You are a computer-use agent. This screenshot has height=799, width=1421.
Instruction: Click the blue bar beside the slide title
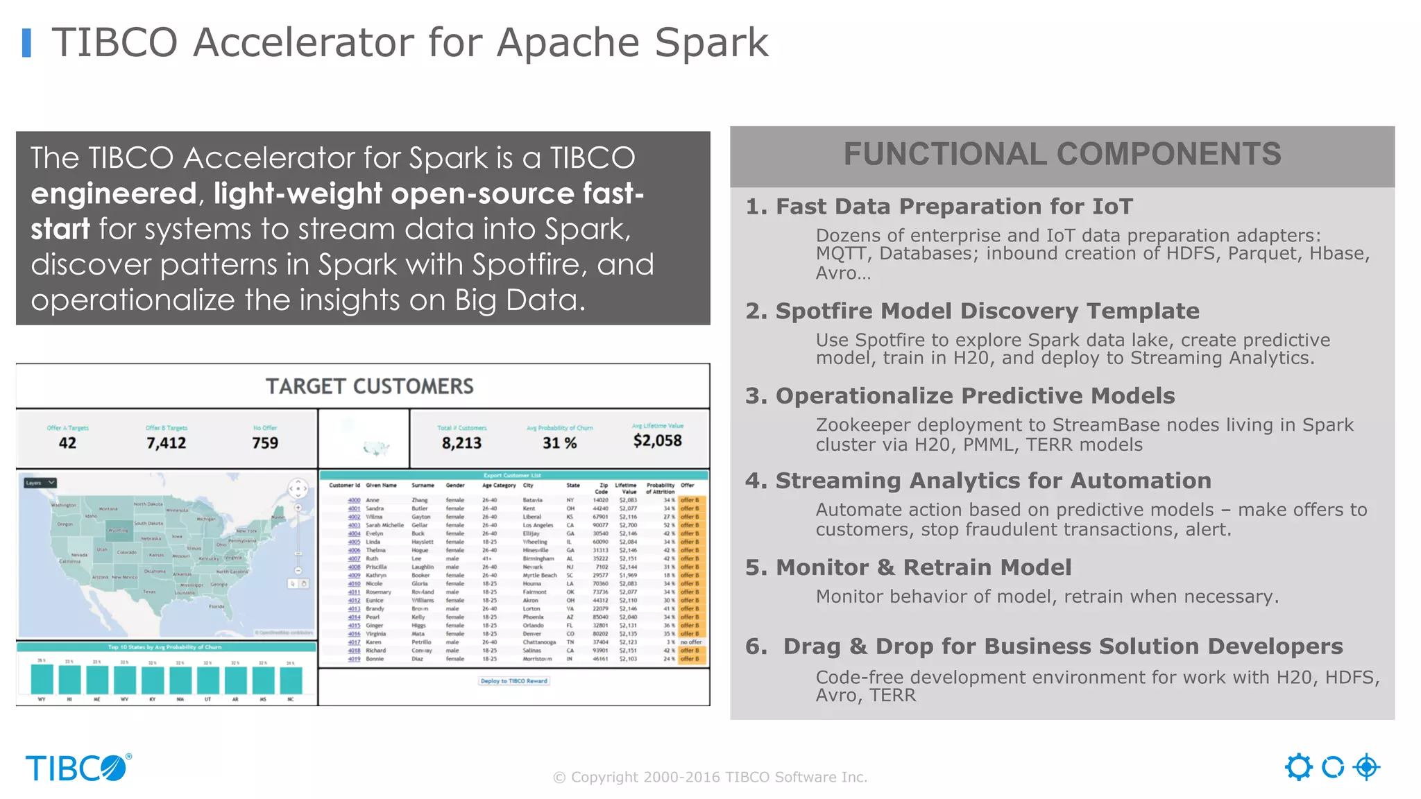click(27, 43)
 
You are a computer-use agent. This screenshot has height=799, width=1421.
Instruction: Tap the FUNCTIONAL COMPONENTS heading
click(1062, 155)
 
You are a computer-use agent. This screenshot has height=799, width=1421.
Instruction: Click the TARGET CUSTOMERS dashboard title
click(369, 386)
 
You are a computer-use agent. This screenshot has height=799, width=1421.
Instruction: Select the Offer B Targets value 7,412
click(166, 443)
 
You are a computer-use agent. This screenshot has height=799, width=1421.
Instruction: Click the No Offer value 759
click(265, 443)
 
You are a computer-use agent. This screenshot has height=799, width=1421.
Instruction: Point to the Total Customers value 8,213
click(461, 443)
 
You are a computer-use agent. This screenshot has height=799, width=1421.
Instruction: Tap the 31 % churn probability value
click(559, 443)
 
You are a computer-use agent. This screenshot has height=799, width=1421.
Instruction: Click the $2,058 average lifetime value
click(657, 440)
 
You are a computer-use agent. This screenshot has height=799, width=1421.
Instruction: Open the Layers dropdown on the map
click(40, 483)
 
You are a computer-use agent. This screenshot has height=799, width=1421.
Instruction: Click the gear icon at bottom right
click(1298, 767)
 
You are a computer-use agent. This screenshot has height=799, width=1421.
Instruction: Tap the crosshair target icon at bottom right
click(1366, 767)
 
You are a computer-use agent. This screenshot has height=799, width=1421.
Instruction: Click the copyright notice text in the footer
click(710, 777)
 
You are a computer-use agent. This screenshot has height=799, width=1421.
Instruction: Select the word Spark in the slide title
click(711, 43)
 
